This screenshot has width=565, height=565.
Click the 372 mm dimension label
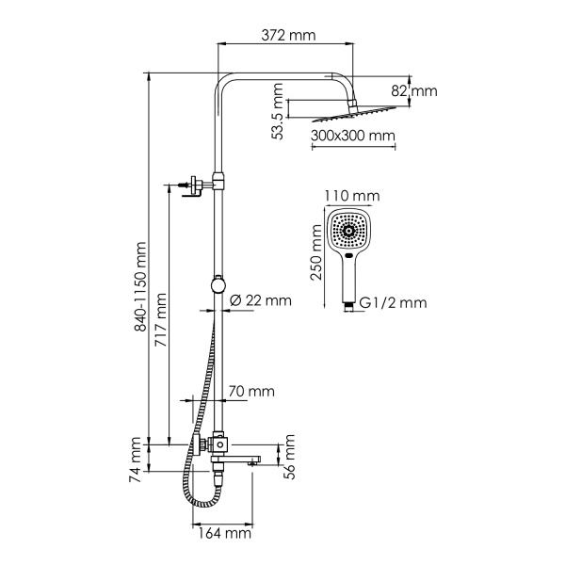tap(288, 36)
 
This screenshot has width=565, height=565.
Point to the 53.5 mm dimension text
tap(277, 112)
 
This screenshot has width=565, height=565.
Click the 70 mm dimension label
tap(251, 391)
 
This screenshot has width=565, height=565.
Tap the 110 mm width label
tap(351, 196)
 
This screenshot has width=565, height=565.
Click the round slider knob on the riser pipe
tap(218, 283)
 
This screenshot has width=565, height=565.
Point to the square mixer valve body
tap(218, 444)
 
